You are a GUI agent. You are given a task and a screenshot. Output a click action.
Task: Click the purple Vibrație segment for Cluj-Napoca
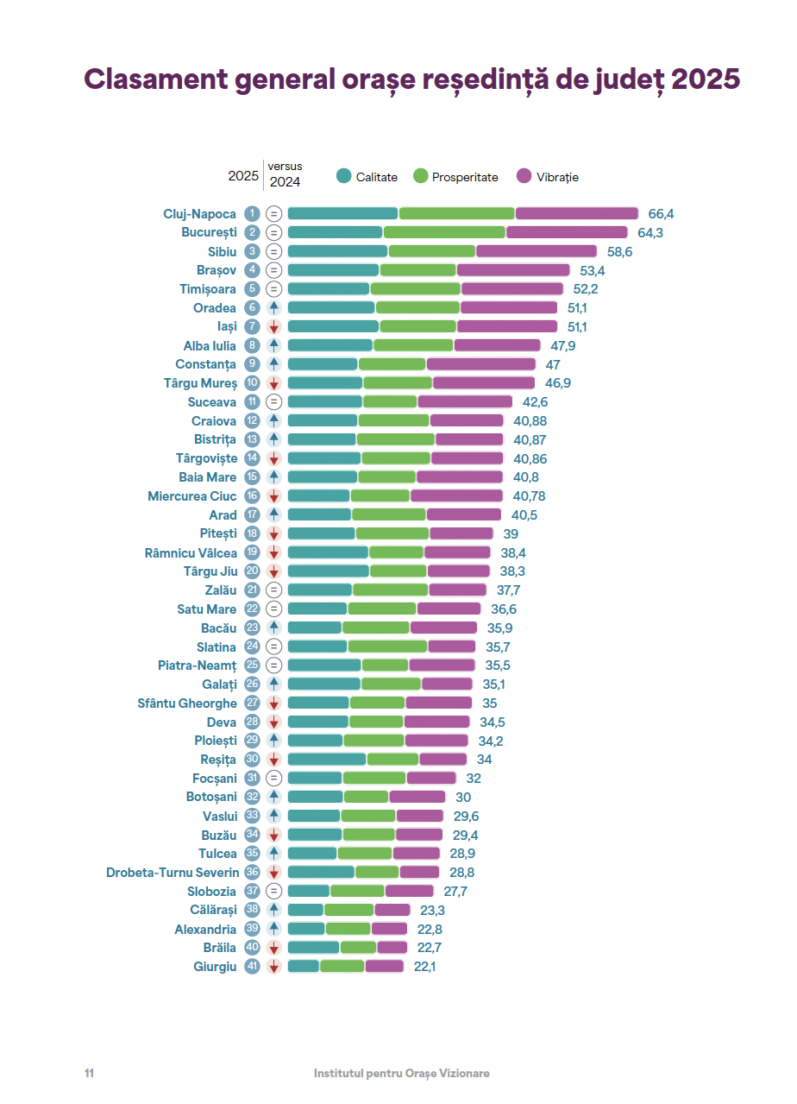[576, 213]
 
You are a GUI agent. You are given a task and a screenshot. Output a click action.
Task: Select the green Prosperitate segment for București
[444, 232]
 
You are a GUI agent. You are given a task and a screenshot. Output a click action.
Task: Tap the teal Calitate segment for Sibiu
[337, 251]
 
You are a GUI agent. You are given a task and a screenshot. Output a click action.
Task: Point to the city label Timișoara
[208, 289]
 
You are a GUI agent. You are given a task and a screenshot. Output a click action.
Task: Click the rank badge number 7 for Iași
[252, 326]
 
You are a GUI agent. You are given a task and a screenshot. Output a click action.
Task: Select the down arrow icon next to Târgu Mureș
[274, 383]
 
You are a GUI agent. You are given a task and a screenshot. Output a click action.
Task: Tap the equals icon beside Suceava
[274, 402]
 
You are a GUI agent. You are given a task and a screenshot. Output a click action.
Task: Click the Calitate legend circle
[344, 176]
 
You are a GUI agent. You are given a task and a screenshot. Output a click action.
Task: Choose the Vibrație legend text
[557, 177]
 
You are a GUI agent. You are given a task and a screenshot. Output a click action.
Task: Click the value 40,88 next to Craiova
[530, 421]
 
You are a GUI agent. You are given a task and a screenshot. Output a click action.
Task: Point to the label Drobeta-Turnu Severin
[173, 873]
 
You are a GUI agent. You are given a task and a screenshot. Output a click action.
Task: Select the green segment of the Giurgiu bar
[342, 967]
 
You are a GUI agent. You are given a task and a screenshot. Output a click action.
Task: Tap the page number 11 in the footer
[89, 1073]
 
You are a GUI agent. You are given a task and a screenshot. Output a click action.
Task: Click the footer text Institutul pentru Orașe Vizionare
[402, 1073]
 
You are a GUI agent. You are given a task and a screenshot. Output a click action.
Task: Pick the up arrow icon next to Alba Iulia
[274, 345]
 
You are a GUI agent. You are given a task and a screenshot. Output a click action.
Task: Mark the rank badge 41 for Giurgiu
[252, 967]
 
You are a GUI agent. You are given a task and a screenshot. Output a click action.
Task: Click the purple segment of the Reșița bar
[442, 760]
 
